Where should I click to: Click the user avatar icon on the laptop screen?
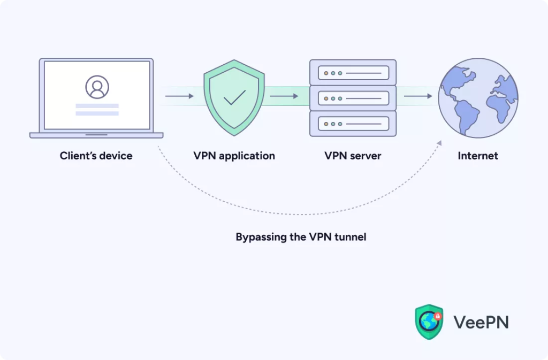tap(97, 87)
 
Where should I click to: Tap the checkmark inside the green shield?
tap(234, 97)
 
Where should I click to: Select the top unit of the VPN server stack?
tap(353, 72)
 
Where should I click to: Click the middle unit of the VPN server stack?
tap(353, 98)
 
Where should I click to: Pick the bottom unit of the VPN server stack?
tap(353, 124)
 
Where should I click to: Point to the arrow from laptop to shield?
tap(179, 96)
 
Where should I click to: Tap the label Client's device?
tap(96, 156)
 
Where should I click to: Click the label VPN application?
tap(234, 156)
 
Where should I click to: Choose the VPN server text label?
tap(353, 156)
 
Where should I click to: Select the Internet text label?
tap(478, 156)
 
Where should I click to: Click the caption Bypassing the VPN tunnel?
tap(301, 236)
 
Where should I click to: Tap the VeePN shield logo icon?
tap(429, 322)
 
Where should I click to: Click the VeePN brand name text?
tap(481, 322)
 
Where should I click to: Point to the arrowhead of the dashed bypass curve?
tap(439, 143)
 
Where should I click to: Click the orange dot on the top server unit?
tap(325, 73)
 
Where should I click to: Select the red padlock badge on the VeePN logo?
tap(438, 316)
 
